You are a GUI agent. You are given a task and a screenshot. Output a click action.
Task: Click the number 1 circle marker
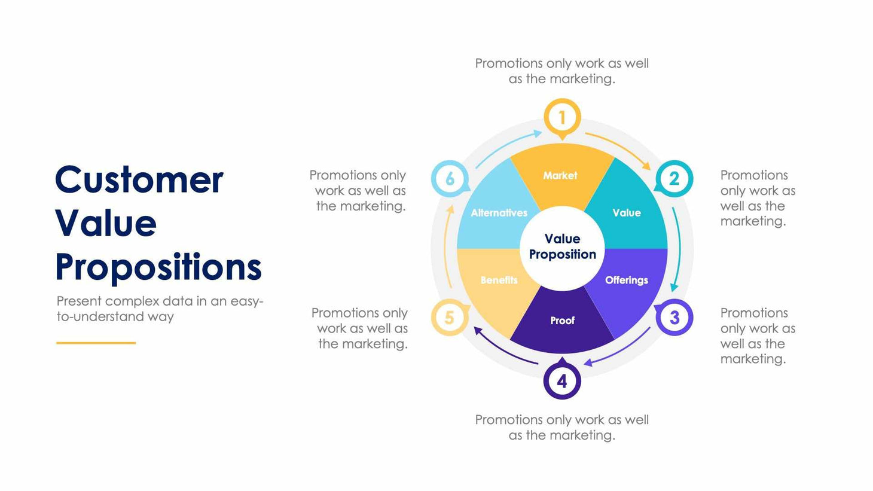(x=562, y=118)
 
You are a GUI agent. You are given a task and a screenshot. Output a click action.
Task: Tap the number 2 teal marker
(x=674, y=178)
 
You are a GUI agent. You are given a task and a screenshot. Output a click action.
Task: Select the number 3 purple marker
(x=674, y=317)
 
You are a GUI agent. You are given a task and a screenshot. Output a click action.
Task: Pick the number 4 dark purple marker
(x=562, y=381)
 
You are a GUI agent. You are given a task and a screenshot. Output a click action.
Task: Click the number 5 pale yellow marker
(x=449, y=317)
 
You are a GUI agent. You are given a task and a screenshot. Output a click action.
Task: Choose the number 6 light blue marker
(x=450, y=178)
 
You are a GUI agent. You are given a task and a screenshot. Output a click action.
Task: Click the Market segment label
(x=560, y=175)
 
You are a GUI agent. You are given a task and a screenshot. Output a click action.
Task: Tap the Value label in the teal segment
(x=626, y=213)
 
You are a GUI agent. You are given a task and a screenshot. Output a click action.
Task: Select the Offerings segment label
(x=626, y=280)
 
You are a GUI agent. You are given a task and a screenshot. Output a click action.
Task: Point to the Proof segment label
(x=562, y=321)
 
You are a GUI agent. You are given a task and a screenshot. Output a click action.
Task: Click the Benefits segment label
(x=499, y=280)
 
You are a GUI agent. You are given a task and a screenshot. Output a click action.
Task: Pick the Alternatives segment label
(x=499, y=213)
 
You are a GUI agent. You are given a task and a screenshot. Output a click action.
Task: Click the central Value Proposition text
(x=562, y=246)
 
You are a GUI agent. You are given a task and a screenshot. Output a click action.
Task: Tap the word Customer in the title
(x=139, y=179)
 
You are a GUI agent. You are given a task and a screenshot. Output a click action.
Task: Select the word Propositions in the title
(x=158, y=267)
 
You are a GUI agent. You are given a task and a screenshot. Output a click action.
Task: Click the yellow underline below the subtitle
(x=96, y=343)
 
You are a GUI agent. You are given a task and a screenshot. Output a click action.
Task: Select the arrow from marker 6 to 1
(x=507, y=146)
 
